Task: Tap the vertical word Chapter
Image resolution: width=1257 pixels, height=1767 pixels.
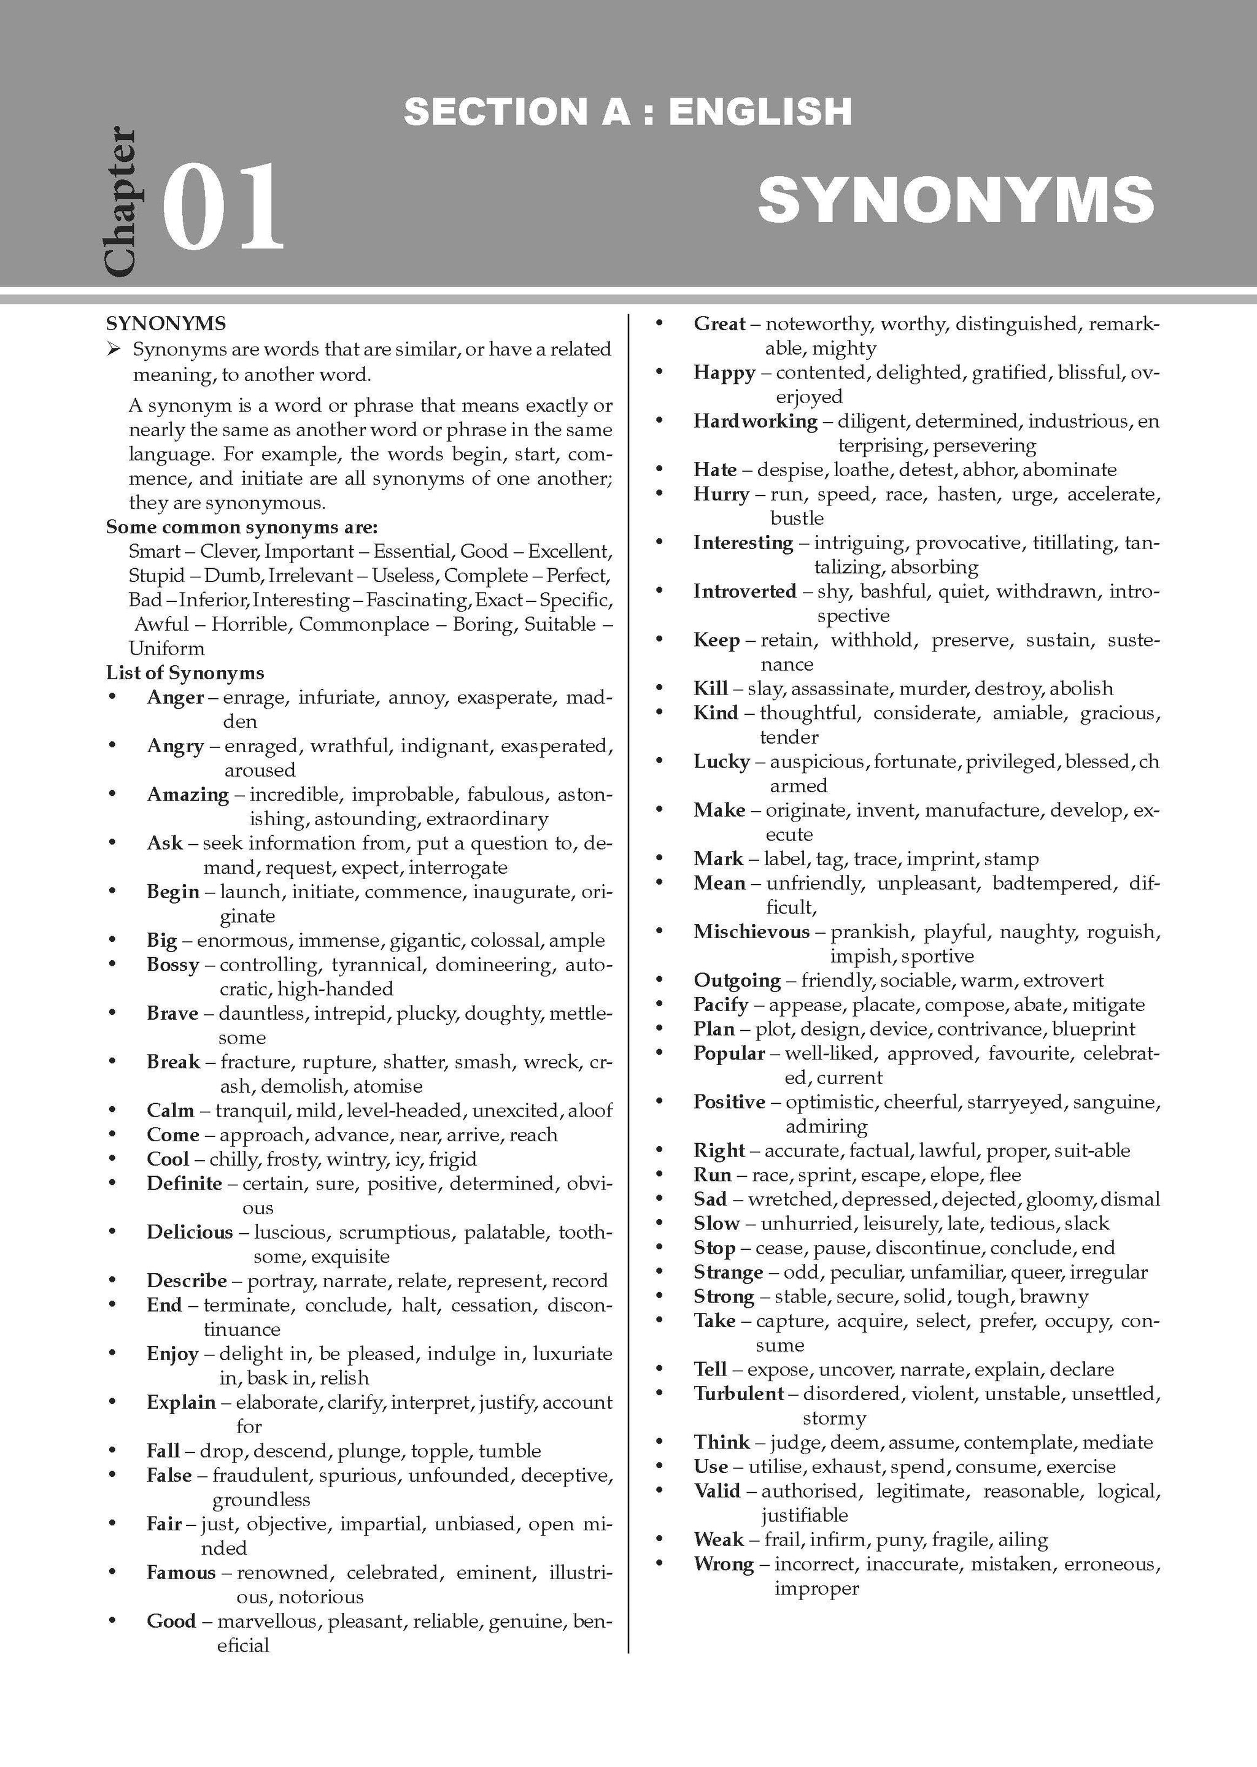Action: pyautogui.click(x=120, y=201)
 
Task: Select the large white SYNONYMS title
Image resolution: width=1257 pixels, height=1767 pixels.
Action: pyautogui.click(x=956, y=199)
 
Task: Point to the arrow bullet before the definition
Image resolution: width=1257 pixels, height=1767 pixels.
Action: pyautogui.click(x=115, y=350)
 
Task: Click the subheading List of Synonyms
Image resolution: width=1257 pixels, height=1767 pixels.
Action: pyautogui.click(x=185, y=673)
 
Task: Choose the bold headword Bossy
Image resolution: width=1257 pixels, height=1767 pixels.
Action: pyautogui.click(x=172, y=964)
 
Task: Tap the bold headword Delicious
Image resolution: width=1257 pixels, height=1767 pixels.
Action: pyautogui.click(x=190, y=1231)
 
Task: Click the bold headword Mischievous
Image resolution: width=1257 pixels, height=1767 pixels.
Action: pyautogui.click(x=751, y=931)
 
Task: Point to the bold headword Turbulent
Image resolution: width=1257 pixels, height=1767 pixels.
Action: pyautogui.click(x=738, y=1393)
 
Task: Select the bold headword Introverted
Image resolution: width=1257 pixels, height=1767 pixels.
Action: pyautogui.click(x=745, y=591)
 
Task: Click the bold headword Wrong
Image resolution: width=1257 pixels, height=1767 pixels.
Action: pyautogui.click(x=724, y=1563)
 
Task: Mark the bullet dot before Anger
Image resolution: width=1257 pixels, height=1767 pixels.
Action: pyautogui.click(x=113, y=697)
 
